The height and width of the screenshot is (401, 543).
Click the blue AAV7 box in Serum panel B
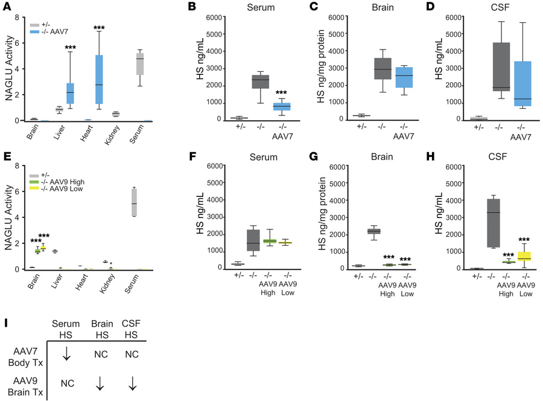pyautogui.click(x=281, y=106)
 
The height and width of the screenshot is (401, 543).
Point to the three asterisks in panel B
pyautogui.click(x=281, y=94)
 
